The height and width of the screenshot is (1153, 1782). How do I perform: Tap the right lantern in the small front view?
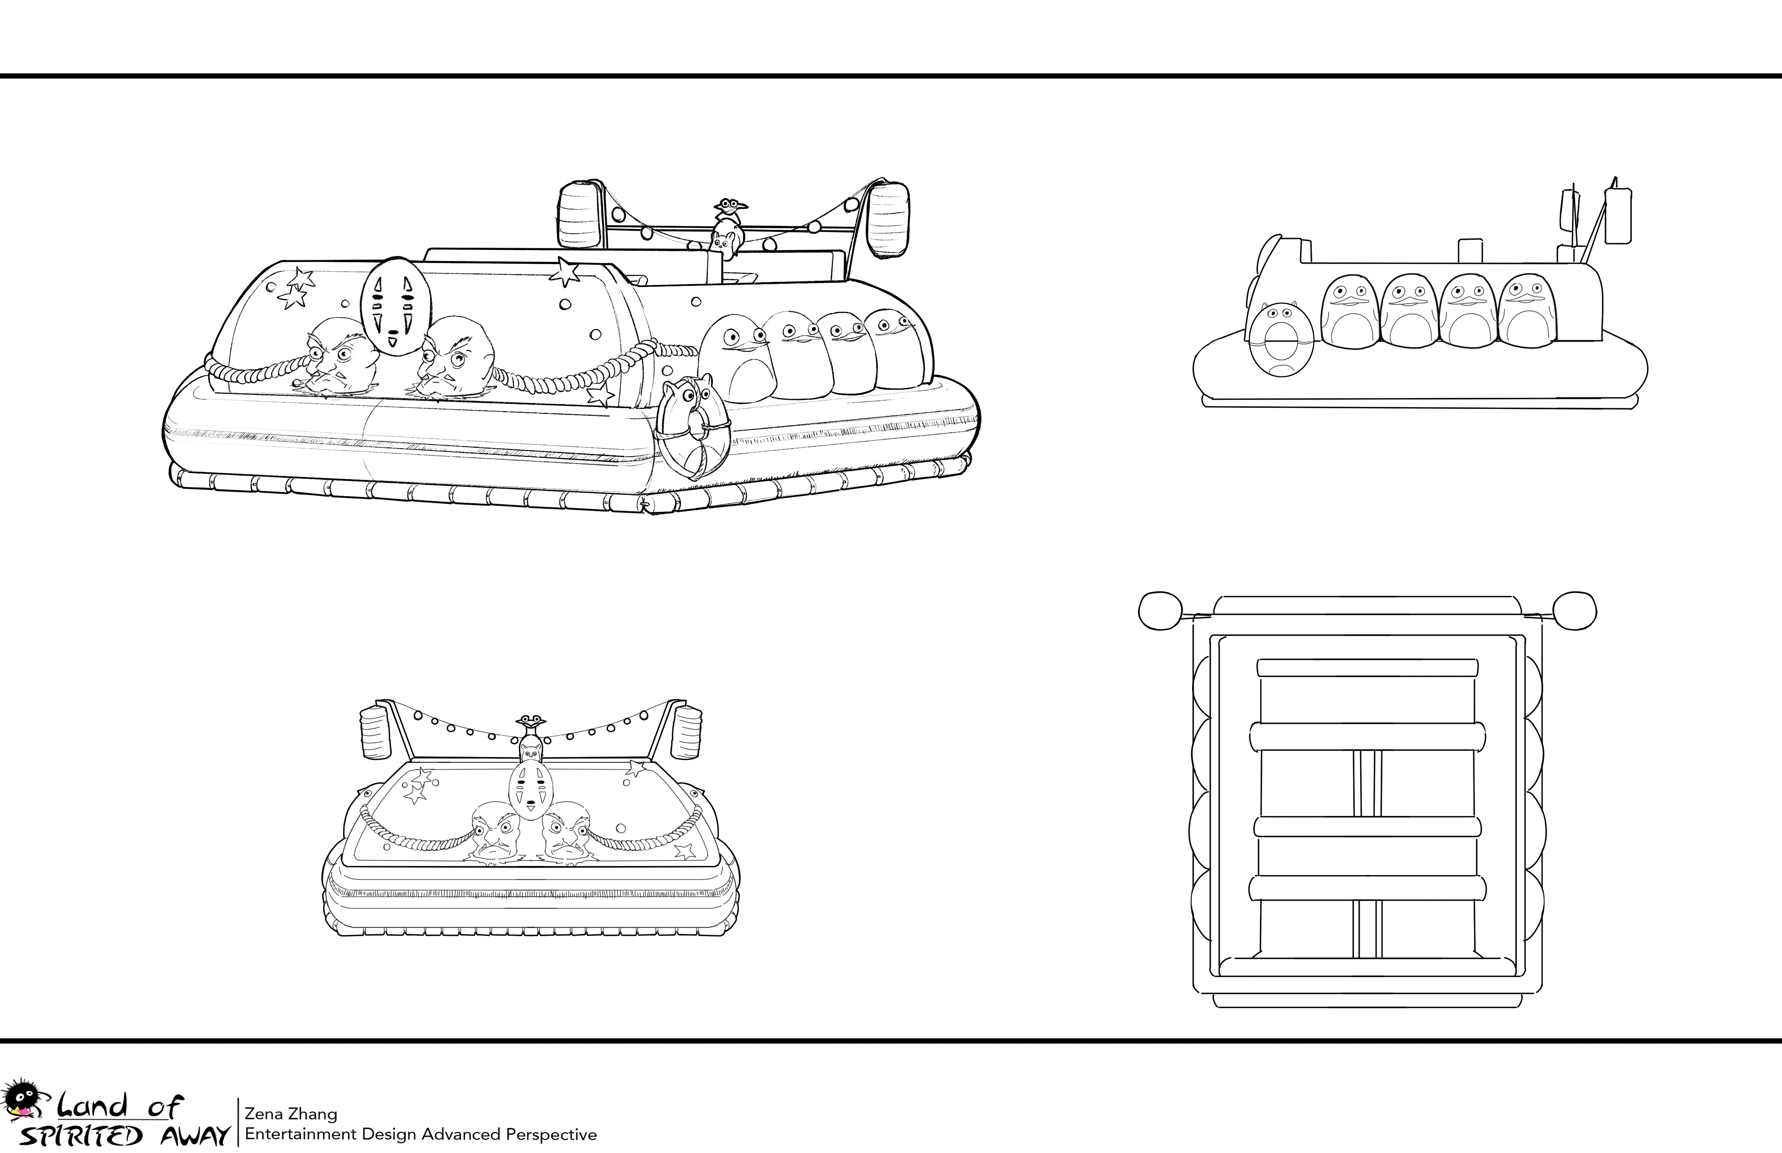click(x=687, y=730)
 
